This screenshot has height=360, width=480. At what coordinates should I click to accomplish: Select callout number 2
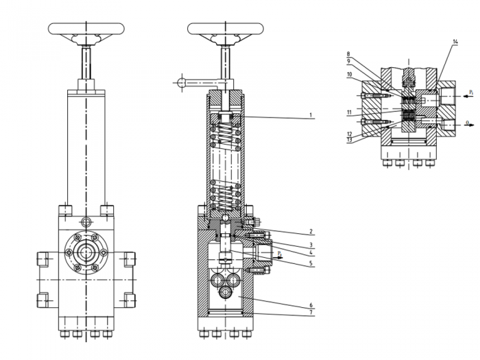[311, 231]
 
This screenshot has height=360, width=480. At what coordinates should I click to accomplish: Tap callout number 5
[311, 263]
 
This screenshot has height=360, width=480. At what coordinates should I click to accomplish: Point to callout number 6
[311, 304]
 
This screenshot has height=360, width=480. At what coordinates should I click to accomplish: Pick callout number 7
[311, 313]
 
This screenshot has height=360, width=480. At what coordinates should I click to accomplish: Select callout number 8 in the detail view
[349, 53]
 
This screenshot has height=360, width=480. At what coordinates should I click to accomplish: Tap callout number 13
[349, 140]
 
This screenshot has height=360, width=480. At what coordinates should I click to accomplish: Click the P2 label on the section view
[278, 254]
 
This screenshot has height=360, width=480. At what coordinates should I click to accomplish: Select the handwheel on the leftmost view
[86, 29]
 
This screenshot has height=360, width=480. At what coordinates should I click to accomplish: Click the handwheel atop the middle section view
[225, 29]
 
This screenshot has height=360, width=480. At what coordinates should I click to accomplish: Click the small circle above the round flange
[86, 221]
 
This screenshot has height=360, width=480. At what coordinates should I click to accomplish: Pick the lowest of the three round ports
[226, 293]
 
